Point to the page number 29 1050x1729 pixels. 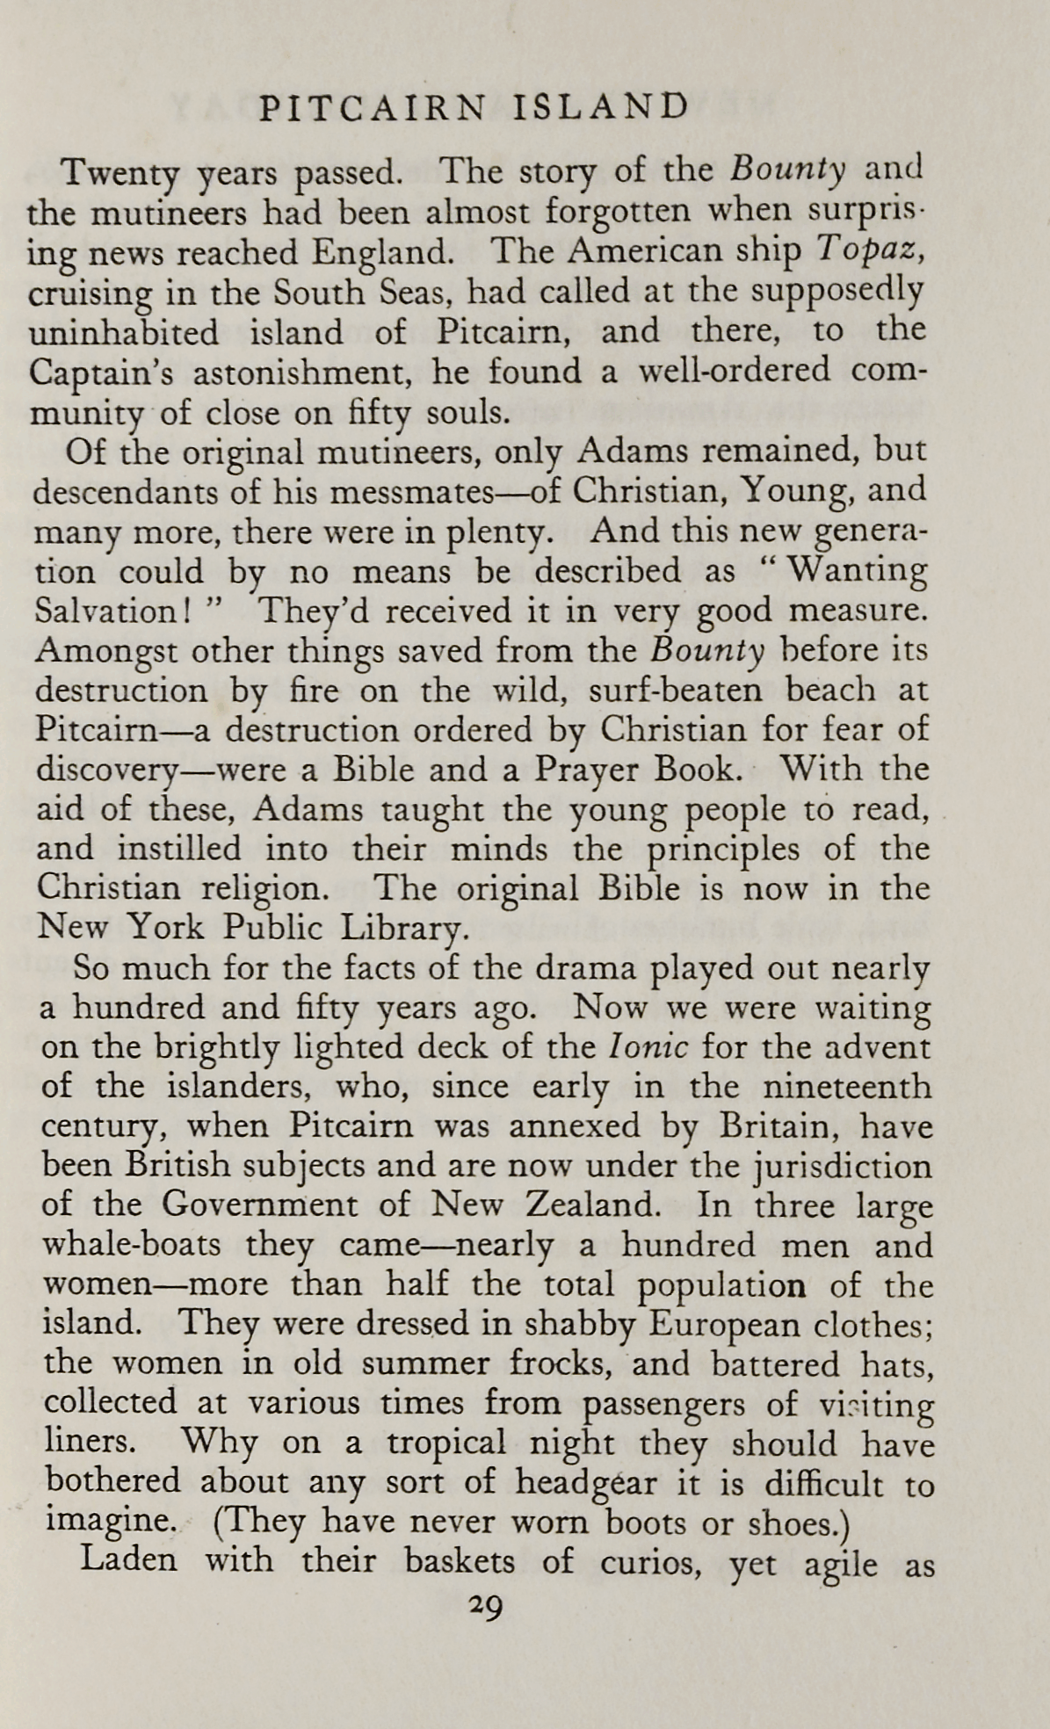click(x=485, y=1607)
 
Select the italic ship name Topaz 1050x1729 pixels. click(x=868, y=252)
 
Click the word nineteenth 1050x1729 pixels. click(x=847, y=1087)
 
